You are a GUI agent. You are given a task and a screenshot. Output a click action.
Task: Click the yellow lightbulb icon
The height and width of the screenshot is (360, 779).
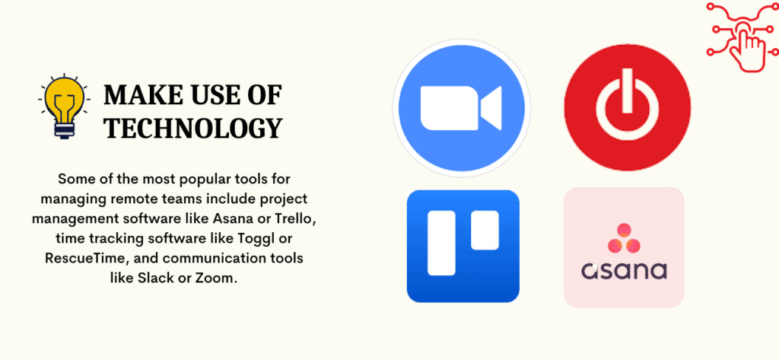click(64, 106)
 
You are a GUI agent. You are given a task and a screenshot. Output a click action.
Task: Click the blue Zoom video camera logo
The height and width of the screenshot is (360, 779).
click(462, 108)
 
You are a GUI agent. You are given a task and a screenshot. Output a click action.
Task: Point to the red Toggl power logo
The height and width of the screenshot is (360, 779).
click(628, 107)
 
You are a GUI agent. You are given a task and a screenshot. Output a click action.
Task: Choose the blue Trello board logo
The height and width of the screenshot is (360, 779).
click(463, 246)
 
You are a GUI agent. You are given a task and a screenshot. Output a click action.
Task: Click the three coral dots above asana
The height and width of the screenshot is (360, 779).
click(624, 239)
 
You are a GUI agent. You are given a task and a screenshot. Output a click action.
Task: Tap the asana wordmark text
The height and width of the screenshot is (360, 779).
click(624, 271)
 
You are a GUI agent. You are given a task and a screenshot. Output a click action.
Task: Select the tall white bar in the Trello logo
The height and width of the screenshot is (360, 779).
click(441, 243)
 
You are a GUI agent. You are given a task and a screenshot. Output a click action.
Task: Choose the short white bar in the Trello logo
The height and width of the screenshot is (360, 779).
click(485, 230)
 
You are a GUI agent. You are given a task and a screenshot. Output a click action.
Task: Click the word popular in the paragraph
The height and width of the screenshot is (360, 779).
click(170, 180)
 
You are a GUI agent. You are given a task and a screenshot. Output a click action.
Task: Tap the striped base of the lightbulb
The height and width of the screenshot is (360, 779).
click(64, 130)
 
